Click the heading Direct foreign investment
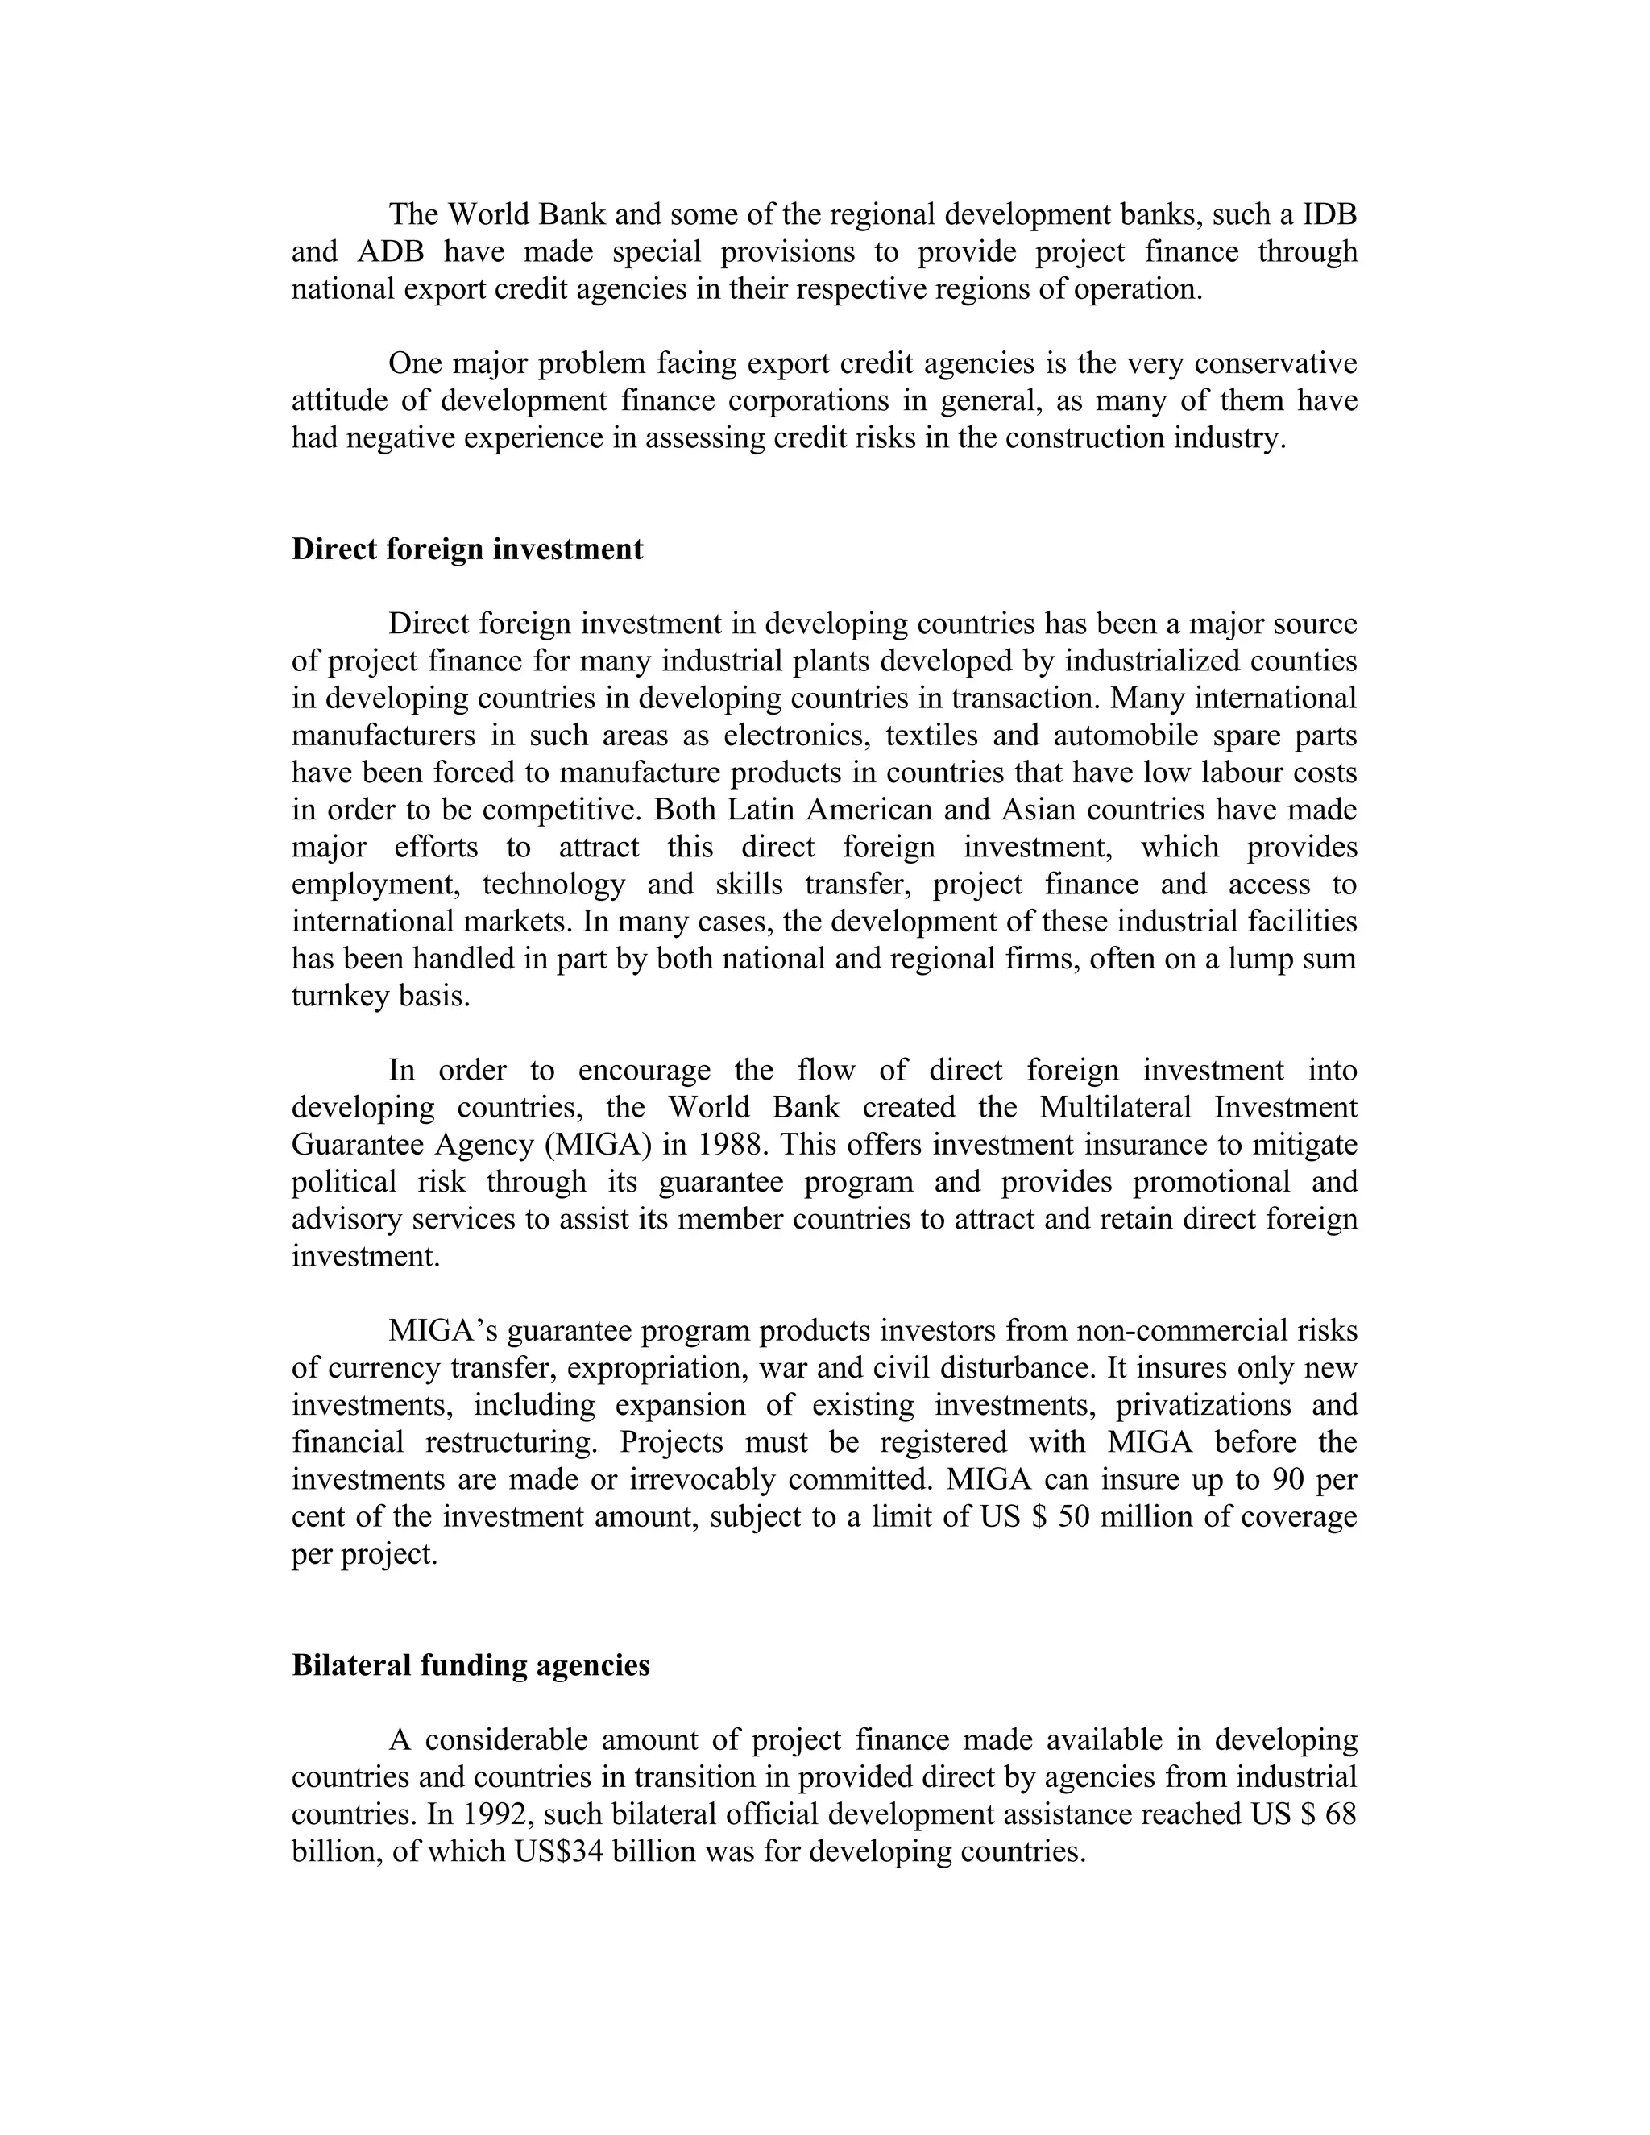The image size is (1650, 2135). coord(467,549)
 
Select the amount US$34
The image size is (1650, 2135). coord(558,1852)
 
